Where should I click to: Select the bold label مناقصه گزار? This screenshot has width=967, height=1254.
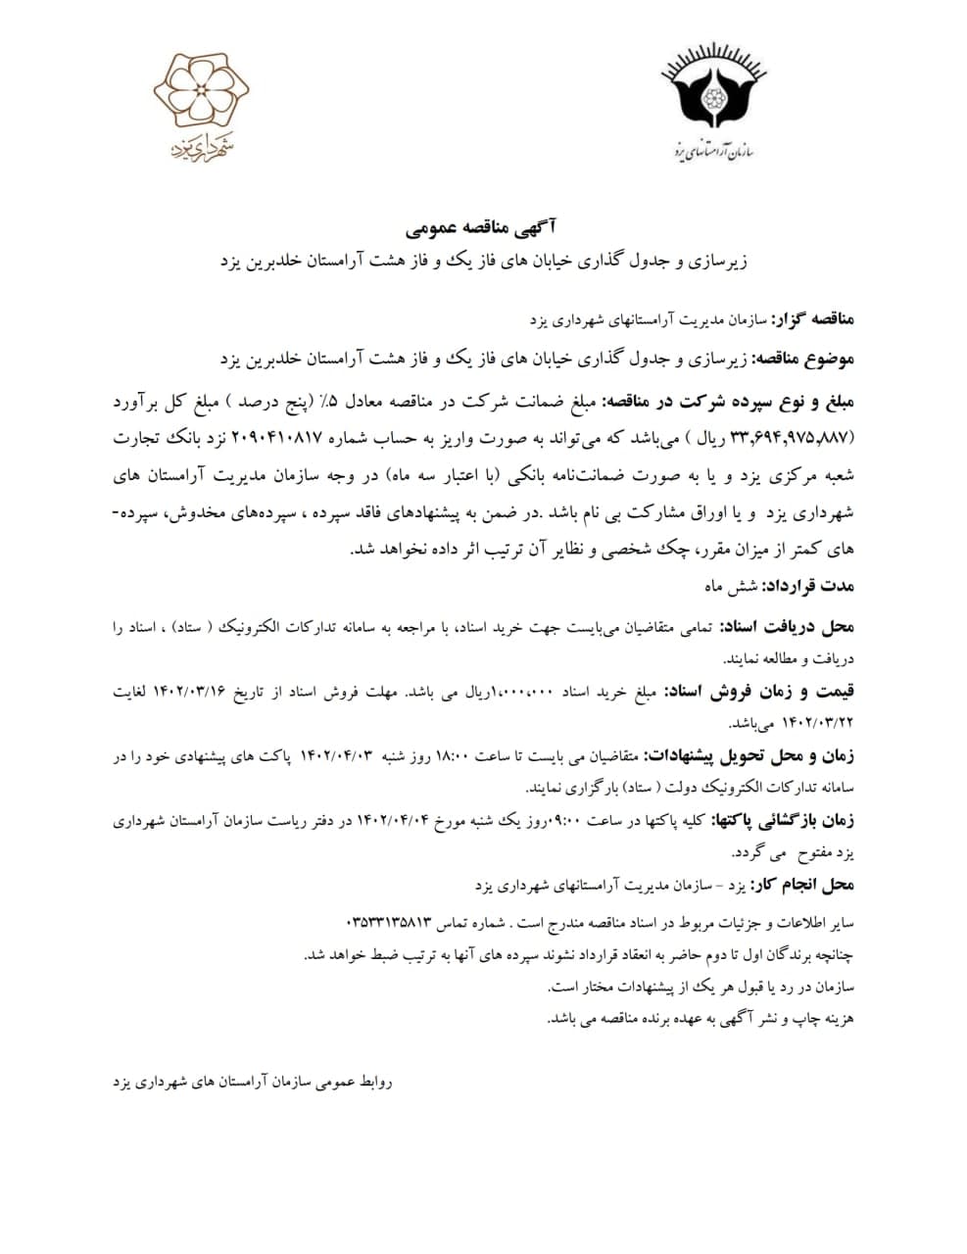[x=813, y=320]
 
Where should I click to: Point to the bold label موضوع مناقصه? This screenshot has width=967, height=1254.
[x=799, y=360]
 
